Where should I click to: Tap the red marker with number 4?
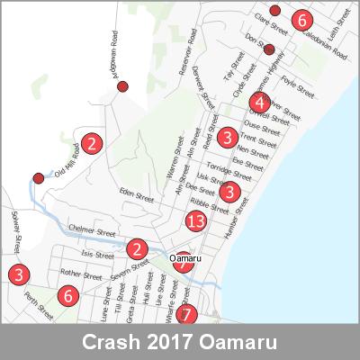(x=259, y=103)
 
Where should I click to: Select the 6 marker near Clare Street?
(x=301, y=20)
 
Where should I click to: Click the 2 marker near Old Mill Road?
(x=91, y=141)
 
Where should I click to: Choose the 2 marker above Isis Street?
(x=137, y=249)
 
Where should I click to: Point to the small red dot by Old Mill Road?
(x=38, y=177)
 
